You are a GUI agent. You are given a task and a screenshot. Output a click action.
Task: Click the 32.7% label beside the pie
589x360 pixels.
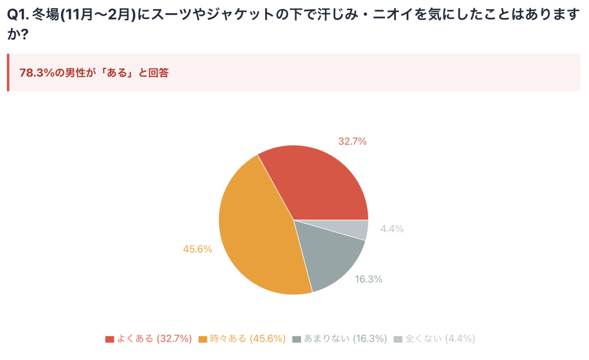[x=352, y=141]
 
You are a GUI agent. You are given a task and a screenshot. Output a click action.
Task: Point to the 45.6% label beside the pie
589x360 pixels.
[x=197, y=249]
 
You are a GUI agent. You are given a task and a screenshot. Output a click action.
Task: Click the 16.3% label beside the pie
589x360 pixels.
[x=369, y=279]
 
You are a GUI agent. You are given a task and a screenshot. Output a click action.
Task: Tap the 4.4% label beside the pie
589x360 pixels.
[x=392, y=229]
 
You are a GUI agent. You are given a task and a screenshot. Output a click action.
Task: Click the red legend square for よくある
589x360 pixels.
[x=110, y=339]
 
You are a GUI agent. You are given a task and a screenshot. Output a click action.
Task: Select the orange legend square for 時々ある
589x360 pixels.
[x=202, y=339]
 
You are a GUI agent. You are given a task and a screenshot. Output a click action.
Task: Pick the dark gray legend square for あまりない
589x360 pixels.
[x=297, y=339]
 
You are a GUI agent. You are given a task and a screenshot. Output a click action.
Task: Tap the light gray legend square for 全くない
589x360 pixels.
[x=398, y=339]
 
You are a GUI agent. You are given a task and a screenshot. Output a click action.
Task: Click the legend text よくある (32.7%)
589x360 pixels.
[x=154, y=339]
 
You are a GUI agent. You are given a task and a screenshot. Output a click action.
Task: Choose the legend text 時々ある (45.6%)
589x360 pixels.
[x=248, y=339]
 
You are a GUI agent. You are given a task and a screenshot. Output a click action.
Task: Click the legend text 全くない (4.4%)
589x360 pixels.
[x=440, y=339]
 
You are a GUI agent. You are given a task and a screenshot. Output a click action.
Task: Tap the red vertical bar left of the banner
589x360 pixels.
[x=8, y=72]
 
